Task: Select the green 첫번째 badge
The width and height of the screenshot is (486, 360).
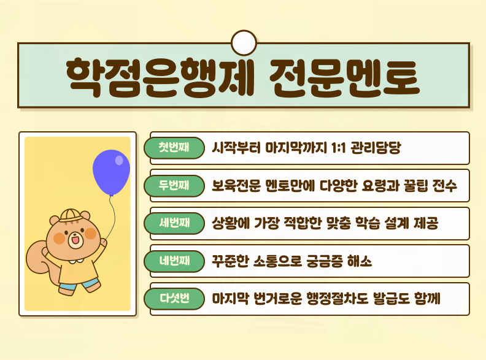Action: pyautogui.click(x=174, y=148)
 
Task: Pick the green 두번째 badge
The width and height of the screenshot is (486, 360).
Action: pyautogui.click(x=174, y=186)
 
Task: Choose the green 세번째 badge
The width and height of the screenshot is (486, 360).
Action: pyautogui.click(x=174, y=223)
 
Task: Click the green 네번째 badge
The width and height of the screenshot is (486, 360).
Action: pyautogui.click(x=174, y=261)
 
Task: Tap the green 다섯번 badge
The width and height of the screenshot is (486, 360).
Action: pyautogui.click(x=174, y=299)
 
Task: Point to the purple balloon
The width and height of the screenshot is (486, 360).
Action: pyautogui.click(x=111, y=172)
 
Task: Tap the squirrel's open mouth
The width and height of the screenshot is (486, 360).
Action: pyautogui.click(x=75, y=241)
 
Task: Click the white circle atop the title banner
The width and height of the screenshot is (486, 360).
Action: pyautogui.click(x=243, y=42)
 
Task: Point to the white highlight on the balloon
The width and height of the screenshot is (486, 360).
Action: pyautogui.click(x=119, y=160)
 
